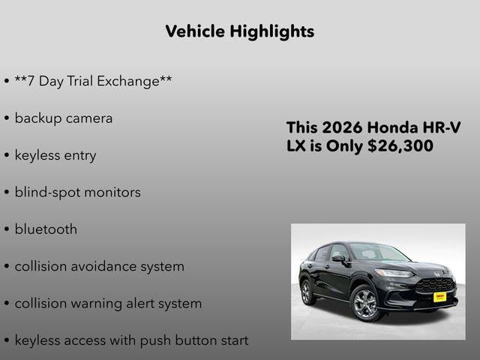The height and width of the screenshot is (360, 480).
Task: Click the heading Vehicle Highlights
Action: point(239,31)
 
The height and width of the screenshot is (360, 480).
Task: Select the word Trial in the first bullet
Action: point(86,81)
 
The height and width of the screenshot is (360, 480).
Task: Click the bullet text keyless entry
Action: point(55,155)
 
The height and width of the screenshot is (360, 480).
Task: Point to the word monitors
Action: point(112,192)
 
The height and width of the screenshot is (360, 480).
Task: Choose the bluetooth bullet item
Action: point(46,229)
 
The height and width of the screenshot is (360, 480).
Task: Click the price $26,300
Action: point(400,146)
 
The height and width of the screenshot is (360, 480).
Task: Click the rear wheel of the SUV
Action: point(306,290)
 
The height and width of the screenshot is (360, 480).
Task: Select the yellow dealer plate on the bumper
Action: point(440,296)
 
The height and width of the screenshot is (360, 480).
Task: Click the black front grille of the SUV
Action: point(435,285)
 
